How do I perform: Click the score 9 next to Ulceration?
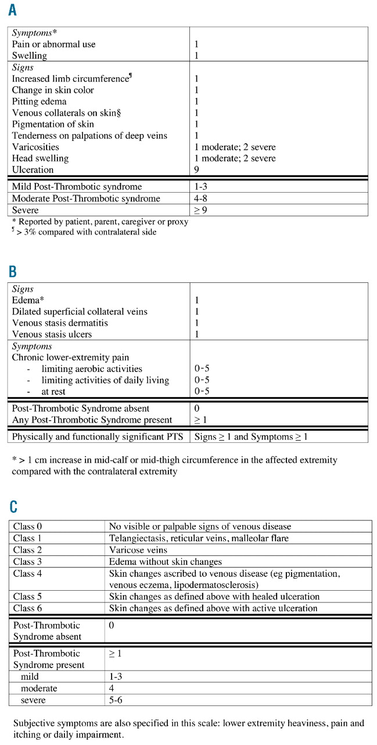point(198,170)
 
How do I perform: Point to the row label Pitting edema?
point(40,101)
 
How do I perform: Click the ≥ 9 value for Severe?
point(201,210)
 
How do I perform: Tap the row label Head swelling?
point(40,158)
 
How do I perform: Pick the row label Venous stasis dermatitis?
point(60,323)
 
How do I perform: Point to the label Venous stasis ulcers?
point(52,334)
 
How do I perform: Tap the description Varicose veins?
point(138,549)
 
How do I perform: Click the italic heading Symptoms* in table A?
point(34,33)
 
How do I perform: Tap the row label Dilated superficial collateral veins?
point(80,311)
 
